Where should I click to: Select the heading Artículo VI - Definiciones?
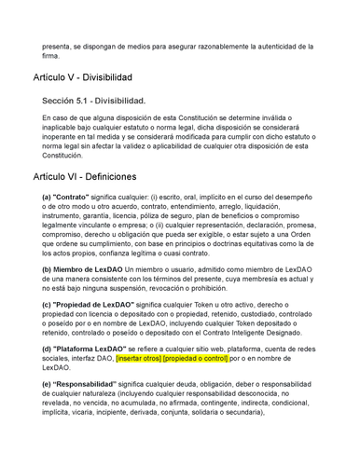(85, 175)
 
